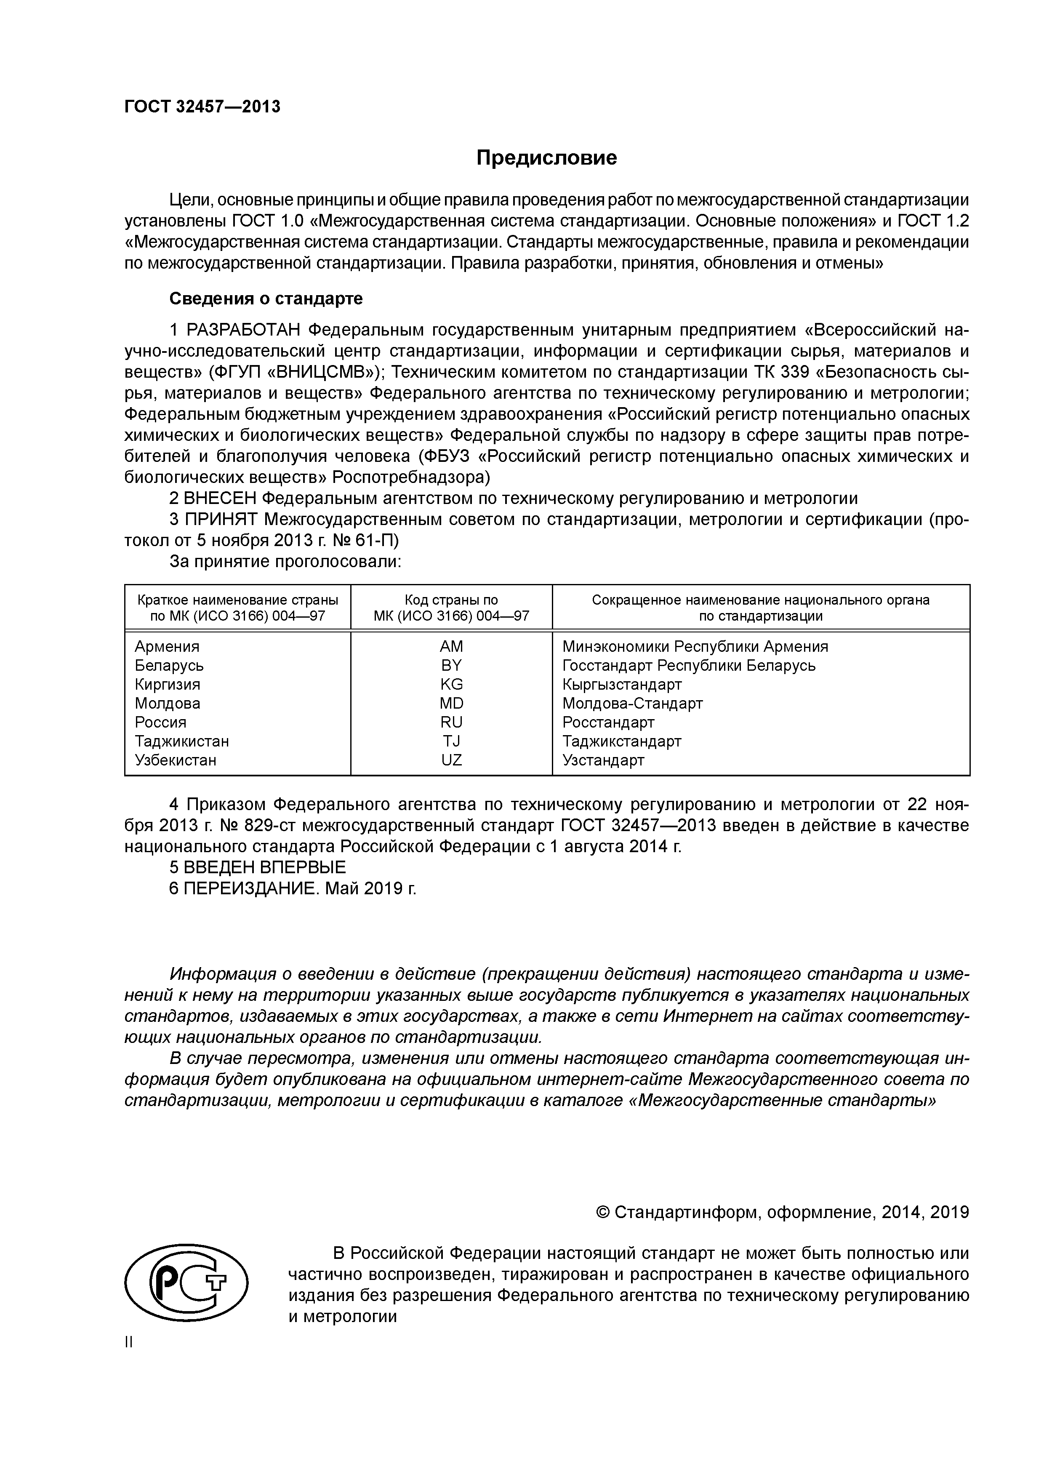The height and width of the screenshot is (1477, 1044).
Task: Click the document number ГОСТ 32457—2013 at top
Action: click(x=202, y=107)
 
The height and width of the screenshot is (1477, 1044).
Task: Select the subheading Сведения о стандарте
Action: click(x=266, y=299)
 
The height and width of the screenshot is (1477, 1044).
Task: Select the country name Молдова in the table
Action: click(x=167, y=703)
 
